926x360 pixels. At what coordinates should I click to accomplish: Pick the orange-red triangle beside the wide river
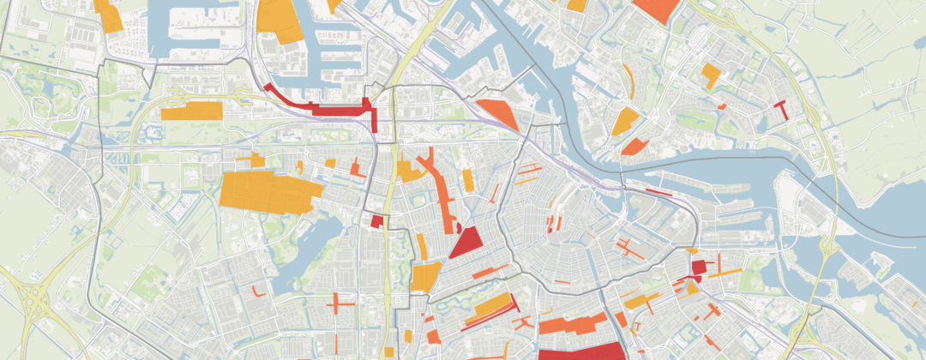pos(499,113)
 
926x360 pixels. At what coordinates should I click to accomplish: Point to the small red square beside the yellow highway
pos(376,221)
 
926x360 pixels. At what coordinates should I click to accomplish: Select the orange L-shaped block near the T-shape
pos(710,75)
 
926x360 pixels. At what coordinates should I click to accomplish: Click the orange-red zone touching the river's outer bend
pos(632,147)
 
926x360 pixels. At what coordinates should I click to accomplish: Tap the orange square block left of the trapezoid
pos(424,277)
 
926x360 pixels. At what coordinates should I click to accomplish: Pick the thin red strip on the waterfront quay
pos(658,192)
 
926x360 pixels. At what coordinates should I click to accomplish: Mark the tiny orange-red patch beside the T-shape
pos(722,106)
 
